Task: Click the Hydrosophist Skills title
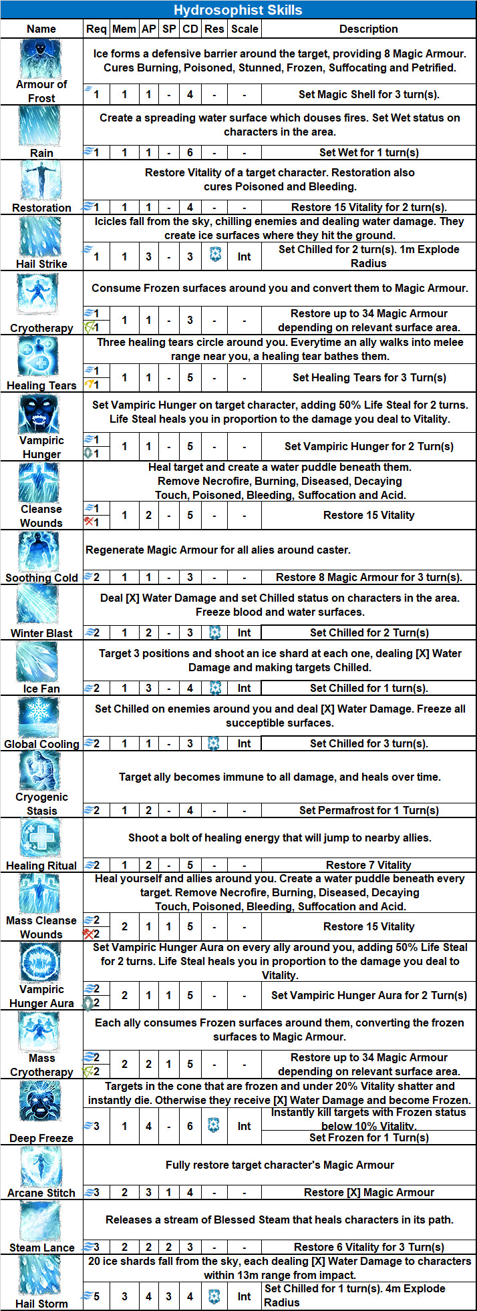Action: tap(238, 10)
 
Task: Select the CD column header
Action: tap(190, 29)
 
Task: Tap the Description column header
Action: tap(368, 29)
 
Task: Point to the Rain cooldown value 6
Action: tap(190, 152)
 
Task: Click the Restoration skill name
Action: tap(41, 208)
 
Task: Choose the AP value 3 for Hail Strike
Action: tap(148, 256)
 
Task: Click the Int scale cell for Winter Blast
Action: tap(245, 632)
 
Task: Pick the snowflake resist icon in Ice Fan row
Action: tap(214, 688)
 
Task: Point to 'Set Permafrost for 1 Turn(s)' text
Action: tap(369, 810)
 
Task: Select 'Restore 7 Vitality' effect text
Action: tap(369, 865)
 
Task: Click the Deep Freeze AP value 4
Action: tap(148, 1126)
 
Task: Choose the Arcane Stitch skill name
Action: tap(41, 1193)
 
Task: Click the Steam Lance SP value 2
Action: tap(168, 1247)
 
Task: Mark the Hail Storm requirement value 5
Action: tap(96, 1296)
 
